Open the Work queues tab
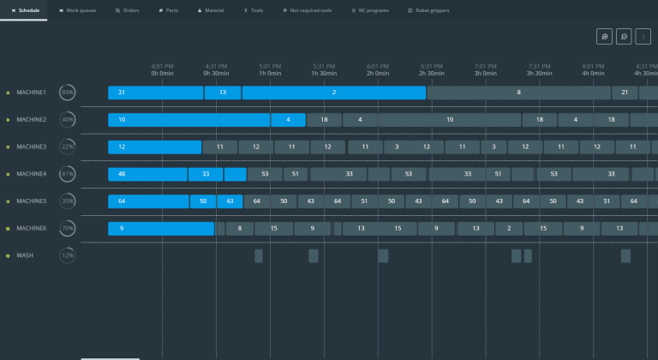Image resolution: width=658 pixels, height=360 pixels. click(x=78, y=10)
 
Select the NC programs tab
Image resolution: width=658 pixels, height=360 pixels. click(x=371, y=10)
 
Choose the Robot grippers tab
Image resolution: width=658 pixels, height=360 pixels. click(x=431, y=10)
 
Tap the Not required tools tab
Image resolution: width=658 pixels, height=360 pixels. click(x=308, y=10)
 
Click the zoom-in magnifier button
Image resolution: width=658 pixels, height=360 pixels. click(x=605, y=37)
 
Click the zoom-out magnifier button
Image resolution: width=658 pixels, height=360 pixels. click(x=625, y=37)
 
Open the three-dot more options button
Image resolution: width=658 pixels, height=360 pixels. click(x=643, y=37)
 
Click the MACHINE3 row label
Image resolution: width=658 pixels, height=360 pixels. click(x=31, y=147)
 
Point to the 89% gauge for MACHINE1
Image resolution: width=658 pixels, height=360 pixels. click(x=67, y=93)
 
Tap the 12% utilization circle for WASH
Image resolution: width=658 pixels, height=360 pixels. click(x=67, y=255)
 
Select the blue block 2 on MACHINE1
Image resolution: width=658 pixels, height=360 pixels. click(x=333, y=93)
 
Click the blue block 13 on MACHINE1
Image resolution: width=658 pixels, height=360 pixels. click(x=223, y=93)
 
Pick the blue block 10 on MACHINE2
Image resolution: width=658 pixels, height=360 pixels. click(x=188, y=120)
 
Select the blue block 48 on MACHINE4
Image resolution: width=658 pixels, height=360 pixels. click(x=147, y=174)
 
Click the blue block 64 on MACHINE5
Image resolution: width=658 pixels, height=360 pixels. click(x=148, y=201)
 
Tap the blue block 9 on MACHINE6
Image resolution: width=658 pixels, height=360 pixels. click(x=160, y=229)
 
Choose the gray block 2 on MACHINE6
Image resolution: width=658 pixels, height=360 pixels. click(x=509, y=229)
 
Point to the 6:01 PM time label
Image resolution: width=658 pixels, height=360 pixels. click(x=378, y=66)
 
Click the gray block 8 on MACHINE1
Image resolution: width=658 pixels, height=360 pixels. click(x=518, y=93)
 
